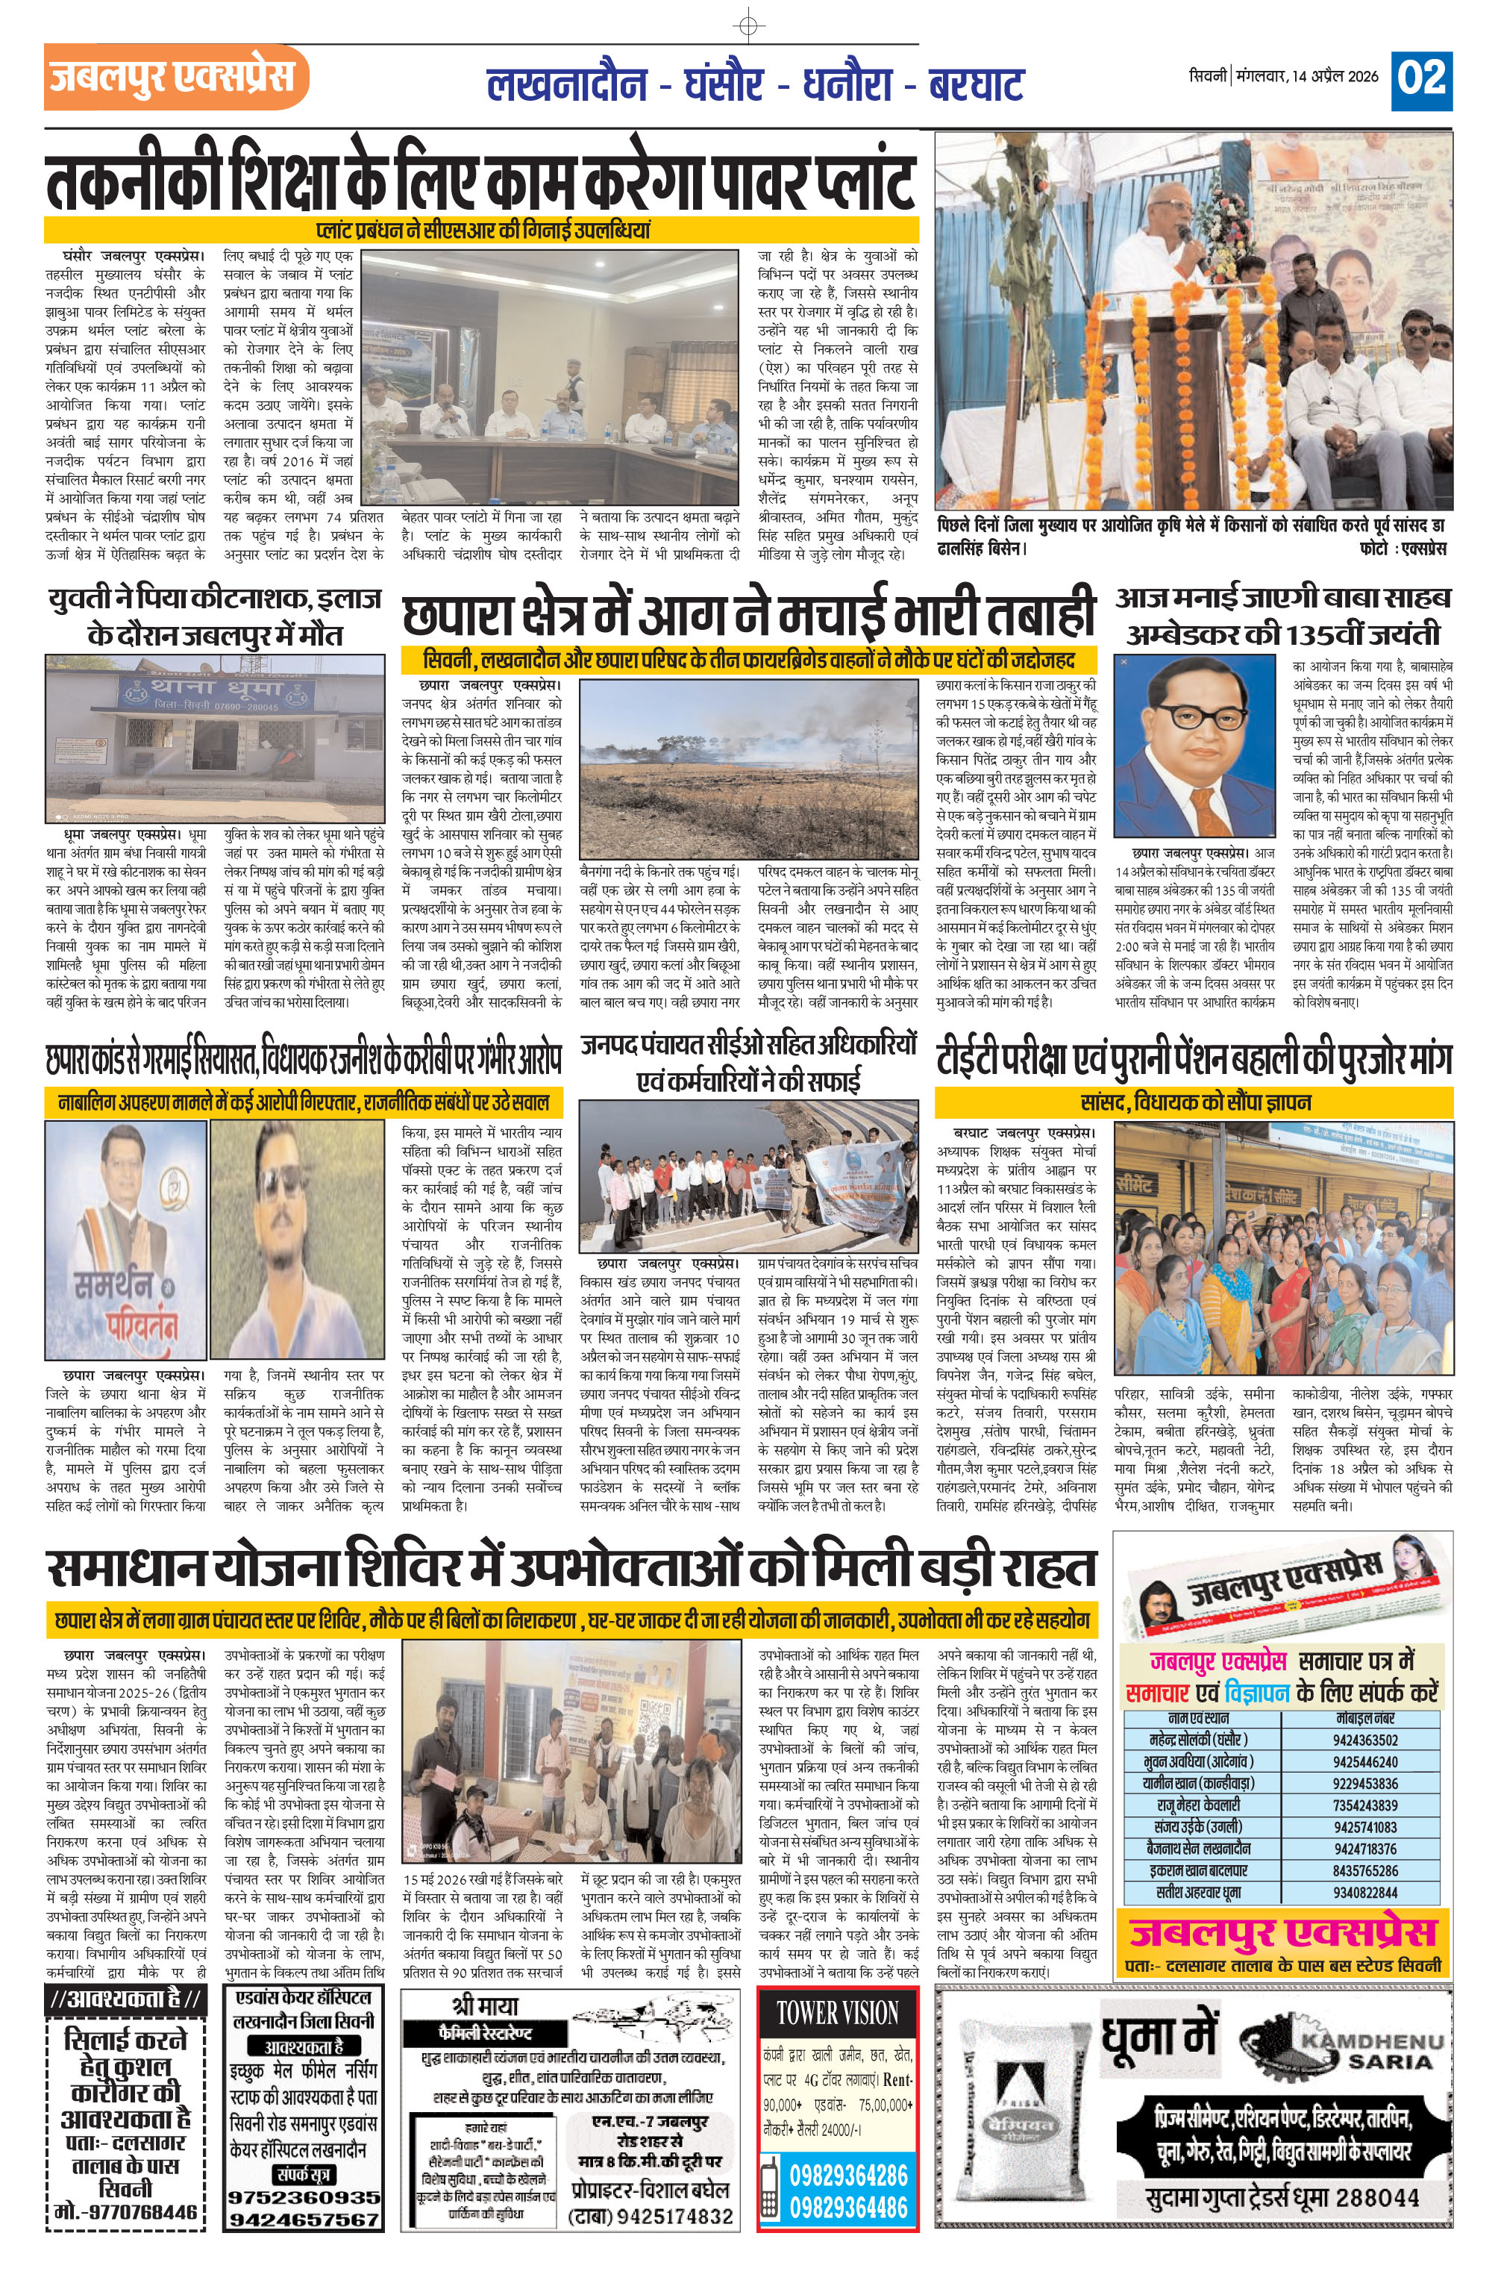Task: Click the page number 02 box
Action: pos(1421,79)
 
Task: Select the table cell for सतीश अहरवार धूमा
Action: pos(1199,1893)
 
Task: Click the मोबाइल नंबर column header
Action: pos(1366,1718)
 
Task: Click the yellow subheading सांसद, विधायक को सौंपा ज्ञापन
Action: pos(1194,1102)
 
